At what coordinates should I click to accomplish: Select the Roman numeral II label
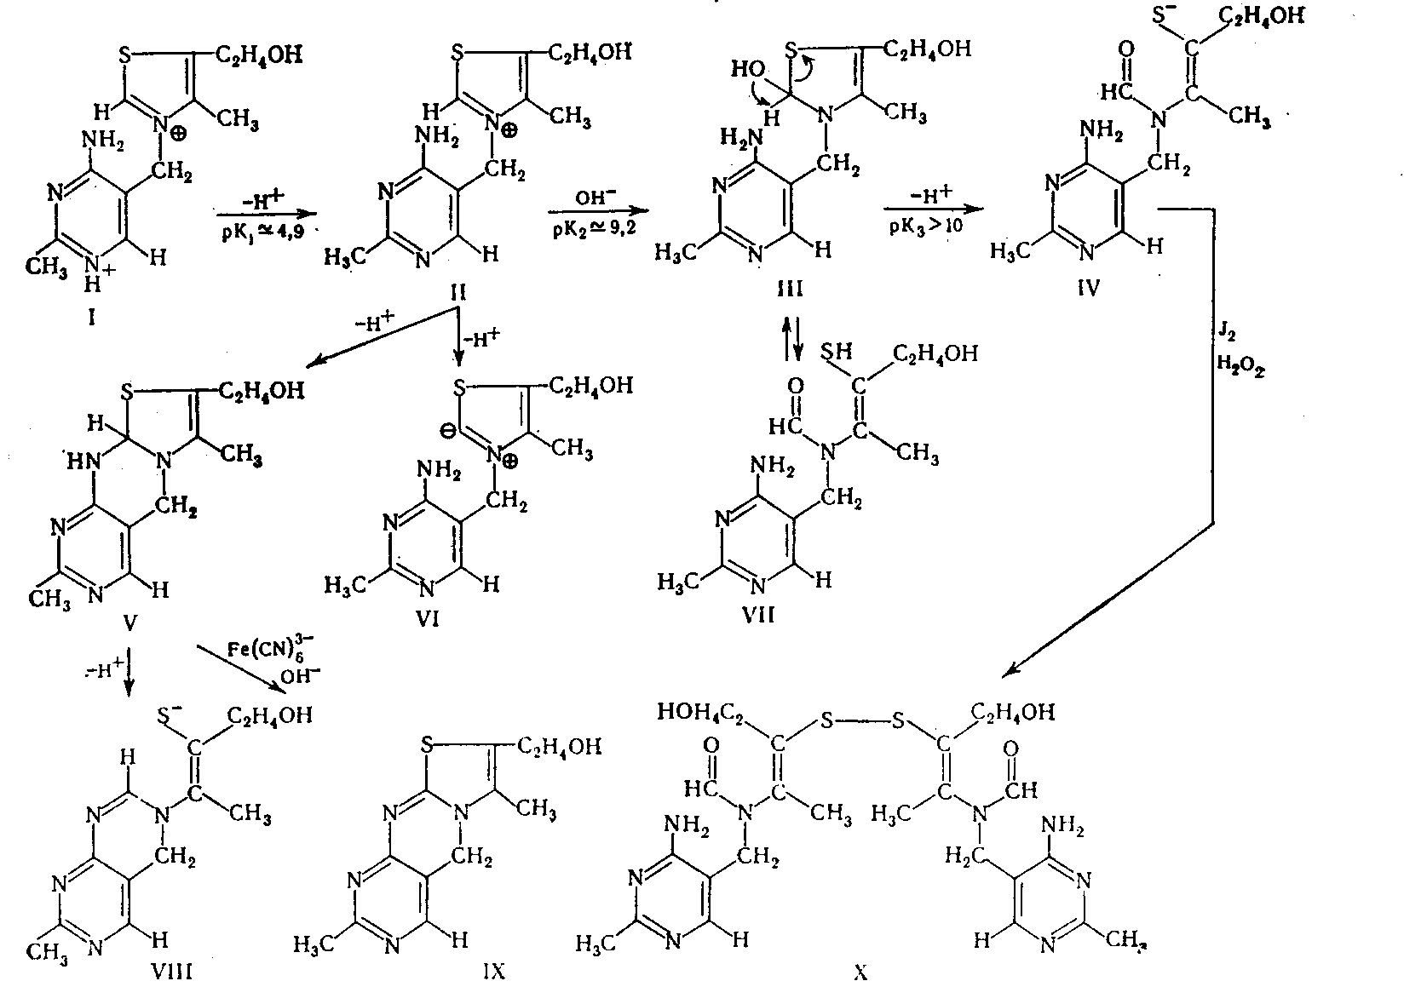coord(458,292)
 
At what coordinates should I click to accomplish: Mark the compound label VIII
coord(170,971)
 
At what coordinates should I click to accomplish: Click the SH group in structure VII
coord(837,352)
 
